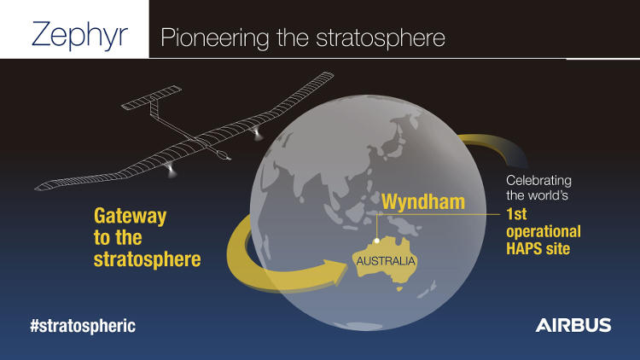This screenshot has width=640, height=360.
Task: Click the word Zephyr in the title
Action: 79,36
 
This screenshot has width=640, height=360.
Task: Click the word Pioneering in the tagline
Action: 215,38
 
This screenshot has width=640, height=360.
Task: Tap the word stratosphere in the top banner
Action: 381,38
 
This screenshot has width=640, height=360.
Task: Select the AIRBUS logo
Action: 573,325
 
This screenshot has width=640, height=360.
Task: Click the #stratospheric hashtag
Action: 83,326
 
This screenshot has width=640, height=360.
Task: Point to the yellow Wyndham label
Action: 423,201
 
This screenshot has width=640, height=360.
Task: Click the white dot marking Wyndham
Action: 377,241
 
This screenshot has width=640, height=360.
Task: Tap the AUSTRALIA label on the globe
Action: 386,261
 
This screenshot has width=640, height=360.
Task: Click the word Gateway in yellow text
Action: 131,217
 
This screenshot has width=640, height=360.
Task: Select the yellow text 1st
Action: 516,214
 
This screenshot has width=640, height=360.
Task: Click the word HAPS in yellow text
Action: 523,248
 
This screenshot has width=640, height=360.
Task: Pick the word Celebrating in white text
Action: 538,180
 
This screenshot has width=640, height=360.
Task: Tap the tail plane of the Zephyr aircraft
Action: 151,97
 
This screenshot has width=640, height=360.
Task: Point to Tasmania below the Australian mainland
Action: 399,289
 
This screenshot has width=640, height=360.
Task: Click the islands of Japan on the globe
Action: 398,139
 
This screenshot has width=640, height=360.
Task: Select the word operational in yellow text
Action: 544,232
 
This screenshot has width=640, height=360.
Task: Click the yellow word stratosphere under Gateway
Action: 148,259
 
